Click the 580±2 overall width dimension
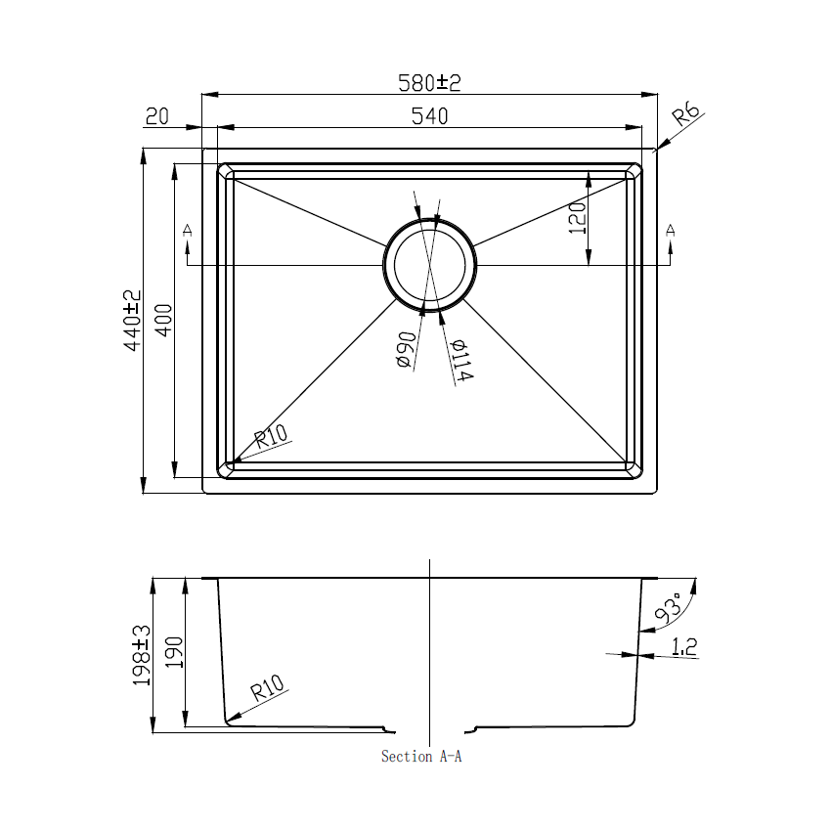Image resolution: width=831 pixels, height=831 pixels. click(428, 83)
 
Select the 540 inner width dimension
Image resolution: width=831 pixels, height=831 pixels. click(428, 116)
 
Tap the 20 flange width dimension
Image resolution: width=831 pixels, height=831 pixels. click(157, 116)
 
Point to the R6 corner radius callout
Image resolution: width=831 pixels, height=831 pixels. click(687, 117)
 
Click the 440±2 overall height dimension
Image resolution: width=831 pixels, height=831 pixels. click(132, 320)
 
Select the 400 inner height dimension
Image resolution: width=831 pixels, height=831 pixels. click(163, 320)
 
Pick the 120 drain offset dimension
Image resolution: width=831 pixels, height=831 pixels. click(577, 218)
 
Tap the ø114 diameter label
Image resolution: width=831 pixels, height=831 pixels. click(461, 361)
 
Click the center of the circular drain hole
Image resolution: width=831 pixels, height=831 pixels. click(430, 265)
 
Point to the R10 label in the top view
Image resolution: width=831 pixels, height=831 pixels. click(273, 438)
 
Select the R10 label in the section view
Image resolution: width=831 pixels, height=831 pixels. click(267, 691)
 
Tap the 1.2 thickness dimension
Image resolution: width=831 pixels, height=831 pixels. click(684, 645)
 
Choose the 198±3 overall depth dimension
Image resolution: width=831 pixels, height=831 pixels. click(142, 655)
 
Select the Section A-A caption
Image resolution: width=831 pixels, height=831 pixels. click(420, 757)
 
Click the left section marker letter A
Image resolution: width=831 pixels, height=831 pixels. click(187, 231)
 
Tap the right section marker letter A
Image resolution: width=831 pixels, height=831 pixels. click(670, 231)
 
